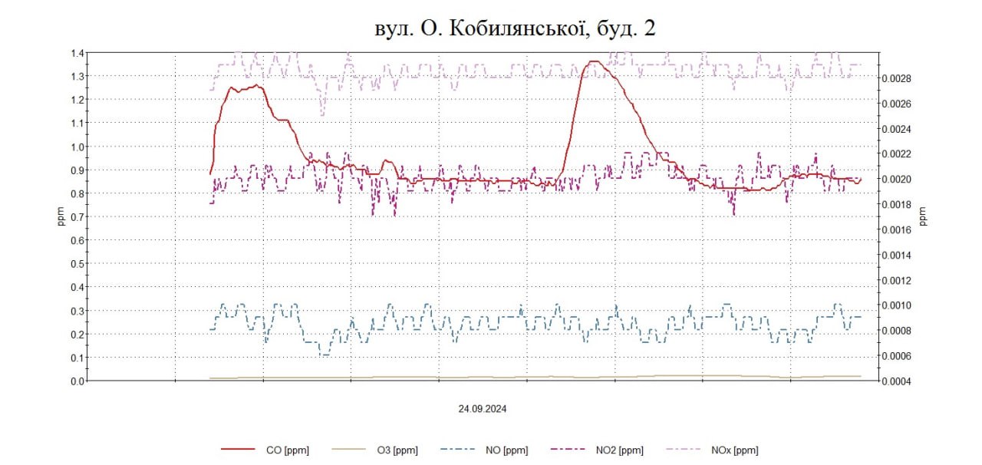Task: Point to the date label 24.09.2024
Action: tap(483, 409)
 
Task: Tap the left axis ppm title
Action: tap(61, 217)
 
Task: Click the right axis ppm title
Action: tap(923, 217)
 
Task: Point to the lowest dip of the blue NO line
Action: tap(325, 355)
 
